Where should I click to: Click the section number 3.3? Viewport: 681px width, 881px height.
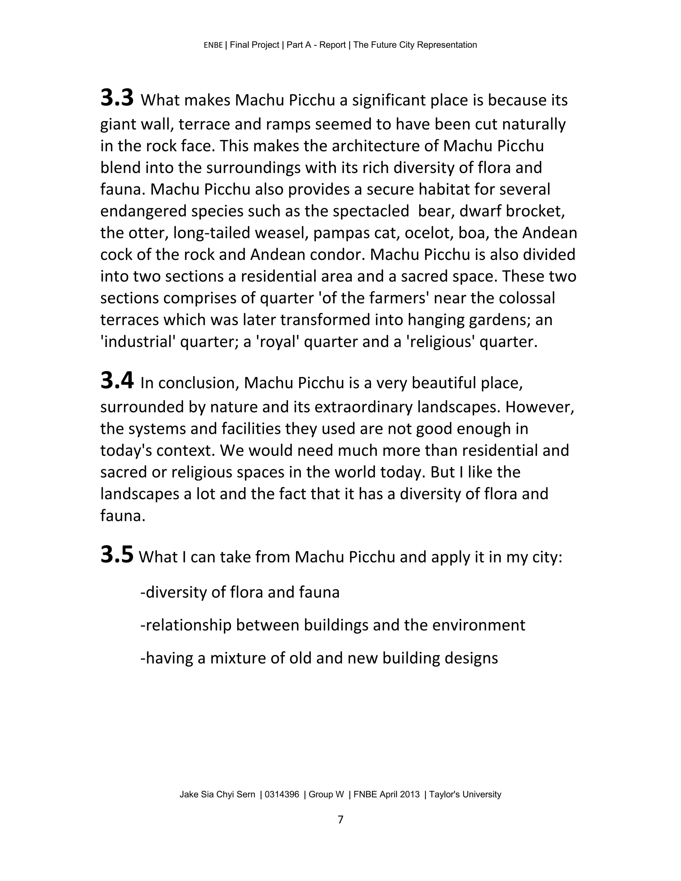pyautogui.click(x=117, y=98)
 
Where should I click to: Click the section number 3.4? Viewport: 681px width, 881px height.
pyautogui.click(x=117, y=381)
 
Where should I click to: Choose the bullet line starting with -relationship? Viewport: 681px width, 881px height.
pyautogui.click(x=333, y=625)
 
